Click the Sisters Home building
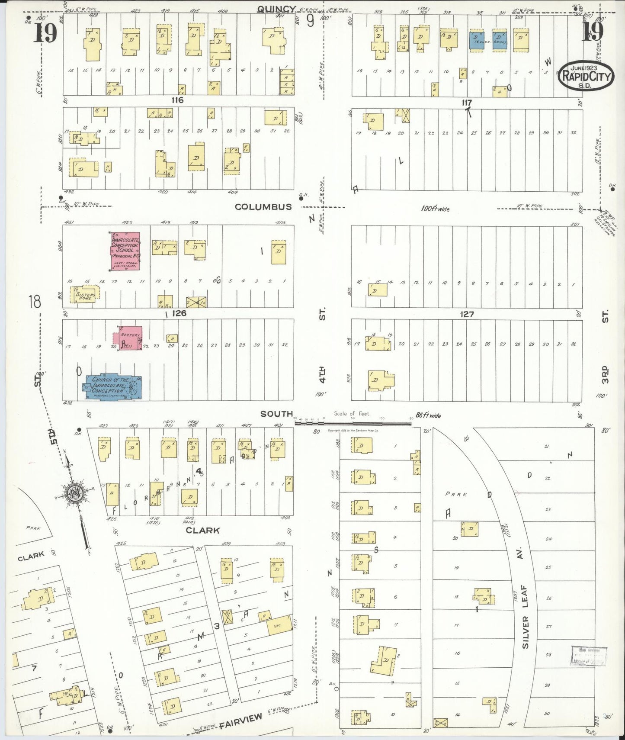click(x=85, y=294)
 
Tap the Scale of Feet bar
click(x=353, y=421)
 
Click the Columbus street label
click(x=263, y=207)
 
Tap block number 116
click(x=177, y=100)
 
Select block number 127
click(x=467, y=314)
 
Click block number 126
click(x=179, y=313)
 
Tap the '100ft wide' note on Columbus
click(x=435, y=209)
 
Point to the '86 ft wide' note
click(x=428, y=415)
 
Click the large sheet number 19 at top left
click(x=45, y=33)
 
